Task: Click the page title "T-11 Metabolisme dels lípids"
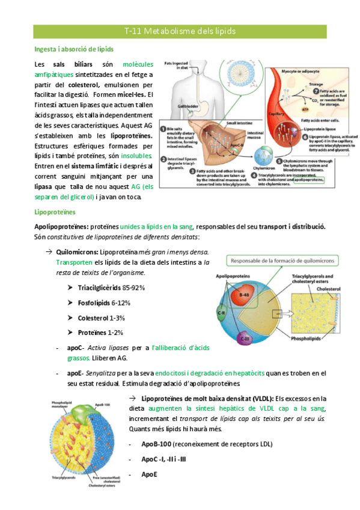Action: [x=180, y=31]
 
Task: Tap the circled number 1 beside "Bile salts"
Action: [x=163, y=127]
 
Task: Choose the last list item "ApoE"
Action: [x=150, y=474]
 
